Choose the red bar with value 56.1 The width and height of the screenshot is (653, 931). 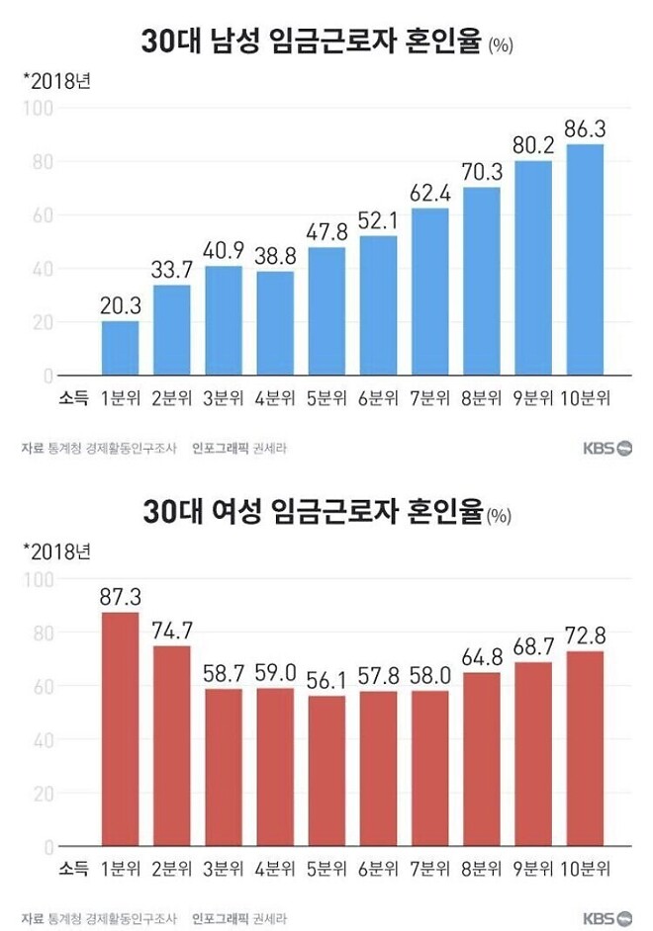pos(326,771)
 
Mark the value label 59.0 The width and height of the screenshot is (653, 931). pos(274,672)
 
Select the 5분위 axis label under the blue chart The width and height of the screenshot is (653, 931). pos(326,398)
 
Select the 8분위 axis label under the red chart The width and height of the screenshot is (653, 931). pos(480,869)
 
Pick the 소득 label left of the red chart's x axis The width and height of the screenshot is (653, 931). pos(73,869)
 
